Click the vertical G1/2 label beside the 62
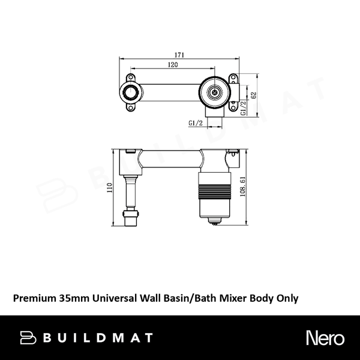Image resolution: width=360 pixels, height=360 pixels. tap(244, 107)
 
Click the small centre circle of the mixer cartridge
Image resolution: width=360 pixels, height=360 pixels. tap(215, 92)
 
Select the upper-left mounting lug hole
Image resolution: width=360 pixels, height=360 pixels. tap(130, 78)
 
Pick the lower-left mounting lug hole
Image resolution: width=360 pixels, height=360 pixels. tap(130, 108)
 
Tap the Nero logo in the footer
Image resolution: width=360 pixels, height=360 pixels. tap(325, 337)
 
